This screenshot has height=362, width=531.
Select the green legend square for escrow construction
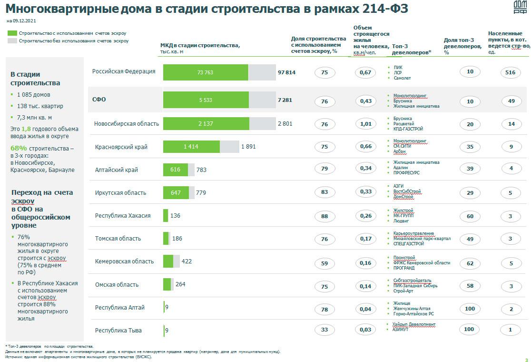(12, 33)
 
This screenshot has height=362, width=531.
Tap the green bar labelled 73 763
(206, 72)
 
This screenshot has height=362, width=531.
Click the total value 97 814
(286, 72)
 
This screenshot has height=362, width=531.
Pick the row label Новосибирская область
(127, 124)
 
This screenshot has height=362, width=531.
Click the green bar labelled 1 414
(191, 147)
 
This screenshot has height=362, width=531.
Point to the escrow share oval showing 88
(324, 216)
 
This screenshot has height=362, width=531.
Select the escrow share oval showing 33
(324, 330)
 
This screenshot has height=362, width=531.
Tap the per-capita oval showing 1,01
(365, 124)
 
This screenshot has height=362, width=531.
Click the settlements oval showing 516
(511, 72)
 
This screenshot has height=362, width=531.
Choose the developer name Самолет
(402, 78)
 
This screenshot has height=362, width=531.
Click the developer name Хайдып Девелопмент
(414, 324)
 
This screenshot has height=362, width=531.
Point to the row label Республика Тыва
(118, 331)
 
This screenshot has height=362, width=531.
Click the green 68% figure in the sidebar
(19, 148)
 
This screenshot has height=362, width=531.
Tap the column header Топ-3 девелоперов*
(412, 49)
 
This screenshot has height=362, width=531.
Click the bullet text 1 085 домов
(33, 95)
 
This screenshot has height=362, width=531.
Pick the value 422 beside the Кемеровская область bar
(187, 261)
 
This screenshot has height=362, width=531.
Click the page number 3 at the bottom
(526, 360)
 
